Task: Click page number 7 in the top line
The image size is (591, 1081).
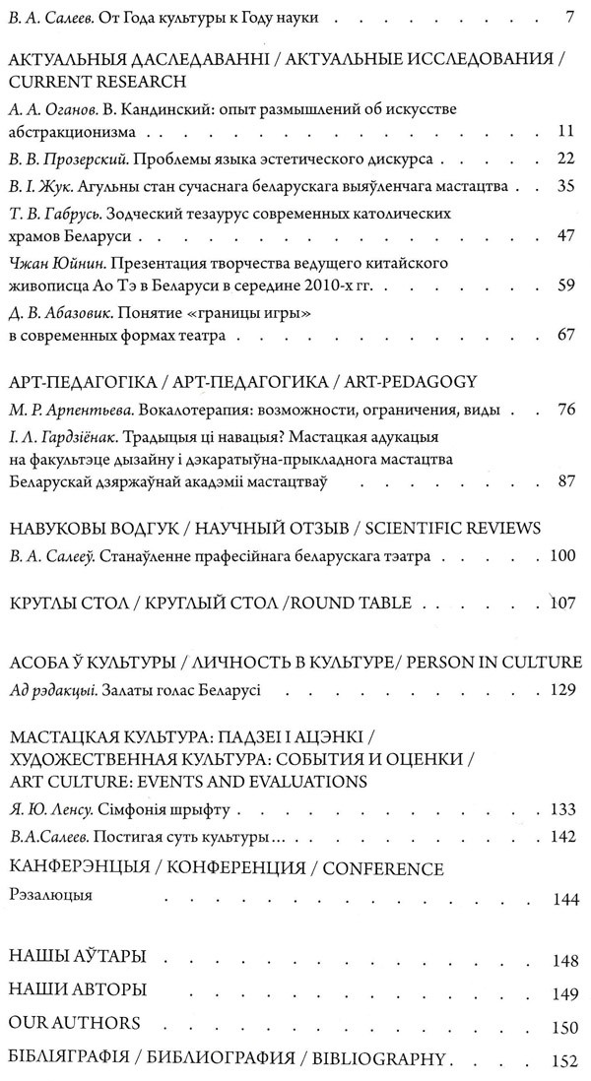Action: [x=569, y=17]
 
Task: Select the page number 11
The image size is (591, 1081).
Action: [x=564, y=131]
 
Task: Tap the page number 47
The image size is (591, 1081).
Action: [x=563, y=235]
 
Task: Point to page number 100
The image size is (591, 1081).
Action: [x=562, y=556]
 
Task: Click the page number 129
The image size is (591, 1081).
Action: [x=562, y=688]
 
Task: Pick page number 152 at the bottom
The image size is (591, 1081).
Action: [x=562, y=1061]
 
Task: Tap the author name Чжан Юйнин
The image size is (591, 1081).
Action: [x=53, y=264]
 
